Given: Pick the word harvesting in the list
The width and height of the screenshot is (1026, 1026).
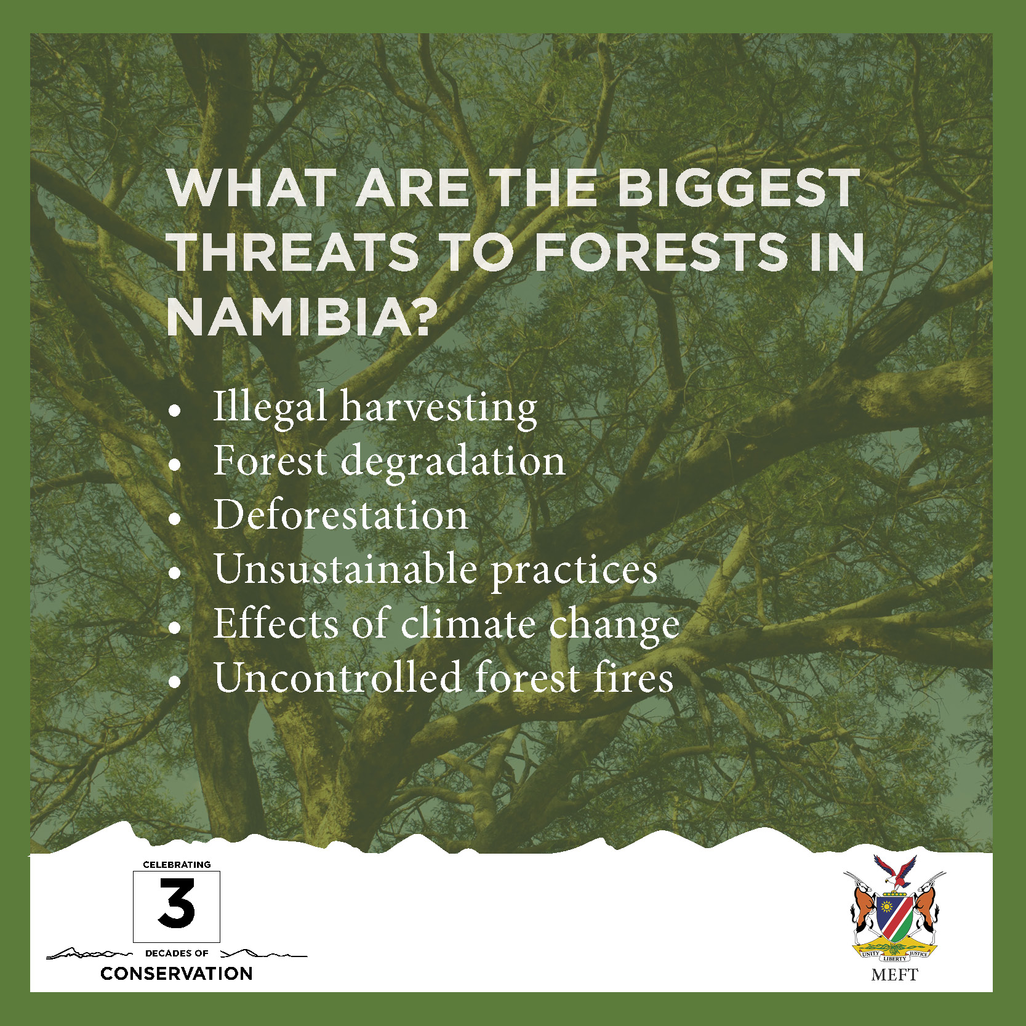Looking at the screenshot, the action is click(x=439, y=408).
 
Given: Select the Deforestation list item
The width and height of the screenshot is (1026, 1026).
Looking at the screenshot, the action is click(x=340, y=514).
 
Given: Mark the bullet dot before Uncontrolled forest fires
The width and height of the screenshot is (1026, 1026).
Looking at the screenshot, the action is click(x=176, y=682).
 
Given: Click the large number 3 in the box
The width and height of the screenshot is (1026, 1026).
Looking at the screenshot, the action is click(x=177, y=904).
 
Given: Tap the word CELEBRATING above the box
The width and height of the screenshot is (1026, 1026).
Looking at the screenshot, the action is click(x=177, y=865).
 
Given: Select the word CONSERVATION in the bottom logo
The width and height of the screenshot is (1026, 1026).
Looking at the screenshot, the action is click(x=177, y=973).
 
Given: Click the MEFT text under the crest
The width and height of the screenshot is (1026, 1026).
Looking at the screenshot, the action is click(x=894, y=975).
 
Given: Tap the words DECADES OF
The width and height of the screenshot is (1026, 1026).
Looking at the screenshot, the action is click(x=177, y=953).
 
